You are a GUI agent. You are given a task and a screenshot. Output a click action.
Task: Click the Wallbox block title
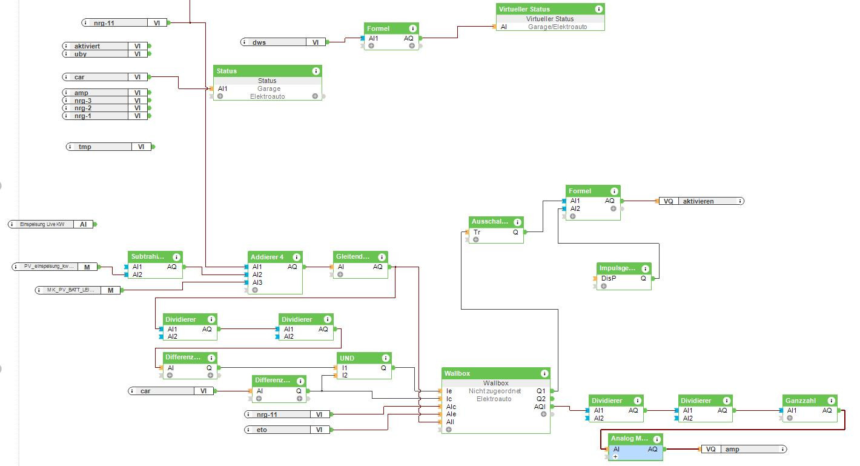pos(457,373)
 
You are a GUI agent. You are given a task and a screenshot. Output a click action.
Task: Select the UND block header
pos(347,358)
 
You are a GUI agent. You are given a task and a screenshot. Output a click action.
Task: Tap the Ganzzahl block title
pos(800,401)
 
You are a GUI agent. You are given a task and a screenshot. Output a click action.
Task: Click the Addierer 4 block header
pos(266,257)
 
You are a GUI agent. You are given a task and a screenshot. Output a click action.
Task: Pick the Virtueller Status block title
pos(524,9)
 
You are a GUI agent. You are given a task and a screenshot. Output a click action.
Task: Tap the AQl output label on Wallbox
pos(540,407)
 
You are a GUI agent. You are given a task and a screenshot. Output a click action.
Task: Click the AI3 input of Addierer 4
pos(257,282)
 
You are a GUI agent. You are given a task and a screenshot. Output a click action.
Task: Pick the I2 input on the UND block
pos(345,375)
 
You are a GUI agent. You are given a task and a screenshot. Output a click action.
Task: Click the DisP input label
pos(608,279)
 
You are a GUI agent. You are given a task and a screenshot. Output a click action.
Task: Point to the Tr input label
pos(477,232)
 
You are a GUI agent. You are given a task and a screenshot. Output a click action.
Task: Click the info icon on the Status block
pos(316,72)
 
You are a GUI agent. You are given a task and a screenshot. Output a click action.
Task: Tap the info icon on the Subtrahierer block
pos(176,257)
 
